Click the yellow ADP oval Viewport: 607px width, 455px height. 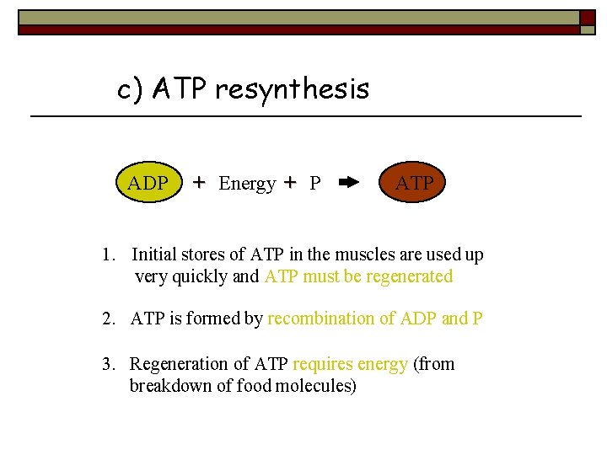coord(148,183)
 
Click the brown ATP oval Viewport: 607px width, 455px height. coord(414,183)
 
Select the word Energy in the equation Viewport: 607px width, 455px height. coord(247,184)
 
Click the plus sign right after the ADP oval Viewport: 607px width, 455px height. coord(199,182)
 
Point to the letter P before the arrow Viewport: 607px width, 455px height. coord(314,184)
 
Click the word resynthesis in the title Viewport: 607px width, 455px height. coord(292,88)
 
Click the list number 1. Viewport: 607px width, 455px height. coord(106,254)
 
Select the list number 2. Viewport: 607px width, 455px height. coord(106,318)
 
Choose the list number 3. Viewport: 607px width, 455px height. coord(106,364)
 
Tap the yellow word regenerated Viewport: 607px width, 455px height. coord(410,276)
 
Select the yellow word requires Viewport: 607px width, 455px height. coord(322,364)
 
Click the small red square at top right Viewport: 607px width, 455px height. coord(588,16)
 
